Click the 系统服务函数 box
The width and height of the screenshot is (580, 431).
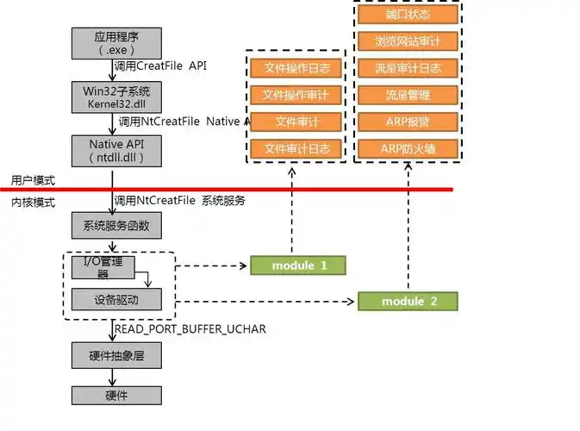115,226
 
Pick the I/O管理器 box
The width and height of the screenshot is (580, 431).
103,267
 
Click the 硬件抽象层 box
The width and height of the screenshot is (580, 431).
115,355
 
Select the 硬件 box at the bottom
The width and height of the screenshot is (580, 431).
115,395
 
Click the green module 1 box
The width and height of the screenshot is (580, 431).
298,265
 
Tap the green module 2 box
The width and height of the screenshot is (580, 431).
408,301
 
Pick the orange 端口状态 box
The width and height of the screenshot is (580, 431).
408,14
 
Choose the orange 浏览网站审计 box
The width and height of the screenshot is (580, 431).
408,41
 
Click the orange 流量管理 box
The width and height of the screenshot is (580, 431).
408,95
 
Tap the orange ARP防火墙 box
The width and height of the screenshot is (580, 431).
408,148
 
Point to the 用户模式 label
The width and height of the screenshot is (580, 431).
33,181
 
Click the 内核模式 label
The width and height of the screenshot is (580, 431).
33,202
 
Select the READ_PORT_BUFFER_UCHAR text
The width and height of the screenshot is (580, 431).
190,329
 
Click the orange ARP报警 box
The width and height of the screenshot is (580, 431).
408,122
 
